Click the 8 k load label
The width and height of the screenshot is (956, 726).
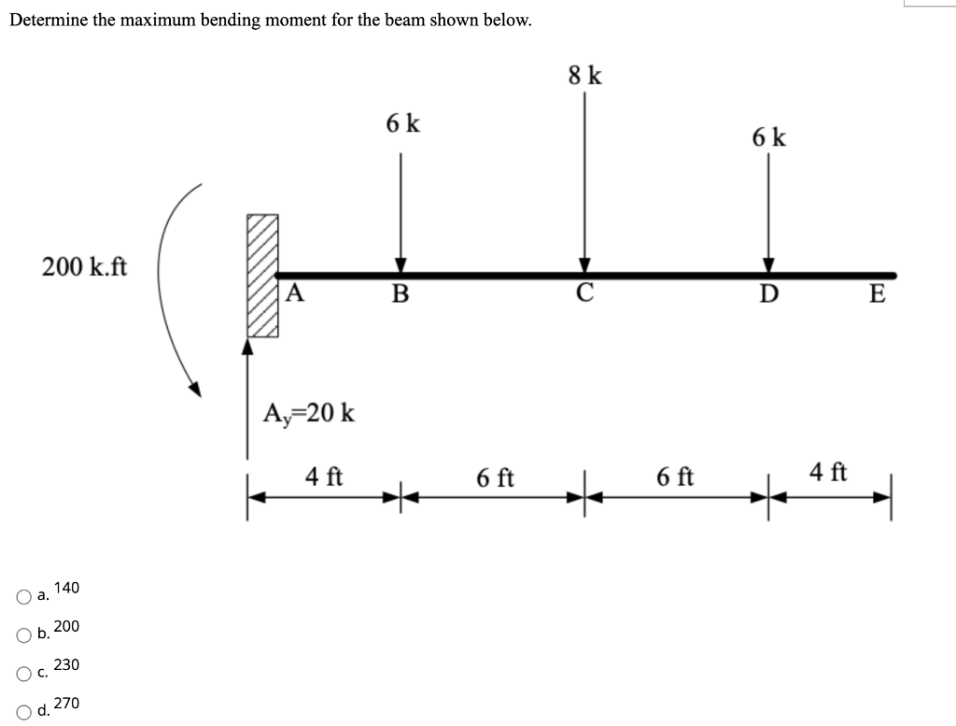[584, 76]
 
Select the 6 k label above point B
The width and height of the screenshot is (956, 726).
[402, 122]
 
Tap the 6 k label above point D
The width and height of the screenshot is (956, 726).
[768, 137]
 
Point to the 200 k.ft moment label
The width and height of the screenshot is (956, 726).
[85, 267]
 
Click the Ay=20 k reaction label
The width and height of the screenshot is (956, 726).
[309, 412]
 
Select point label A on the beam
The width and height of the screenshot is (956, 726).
[294, 293]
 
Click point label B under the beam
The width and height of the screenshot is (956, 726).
[401, 295]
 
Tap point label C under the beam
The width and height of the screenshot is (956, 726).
[584, 295]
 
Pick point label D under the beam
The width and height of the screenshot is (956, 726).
[768, 296]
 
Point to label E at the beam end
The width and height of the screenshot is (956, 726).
[876, 295]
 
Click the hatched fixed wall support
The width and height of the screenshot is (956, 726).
[262, 275]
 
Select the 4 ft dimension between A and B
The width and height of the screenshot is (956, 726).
[324, 477]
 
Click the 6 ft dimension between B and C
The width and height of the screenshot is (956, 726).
[494, 478]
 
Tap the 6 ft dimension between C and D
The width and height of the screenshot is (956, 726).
[675, 477]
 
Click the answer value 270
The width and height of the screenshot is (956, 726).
[66, 703]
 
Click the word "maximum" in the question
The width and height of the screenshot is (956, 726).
[180, 21]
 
